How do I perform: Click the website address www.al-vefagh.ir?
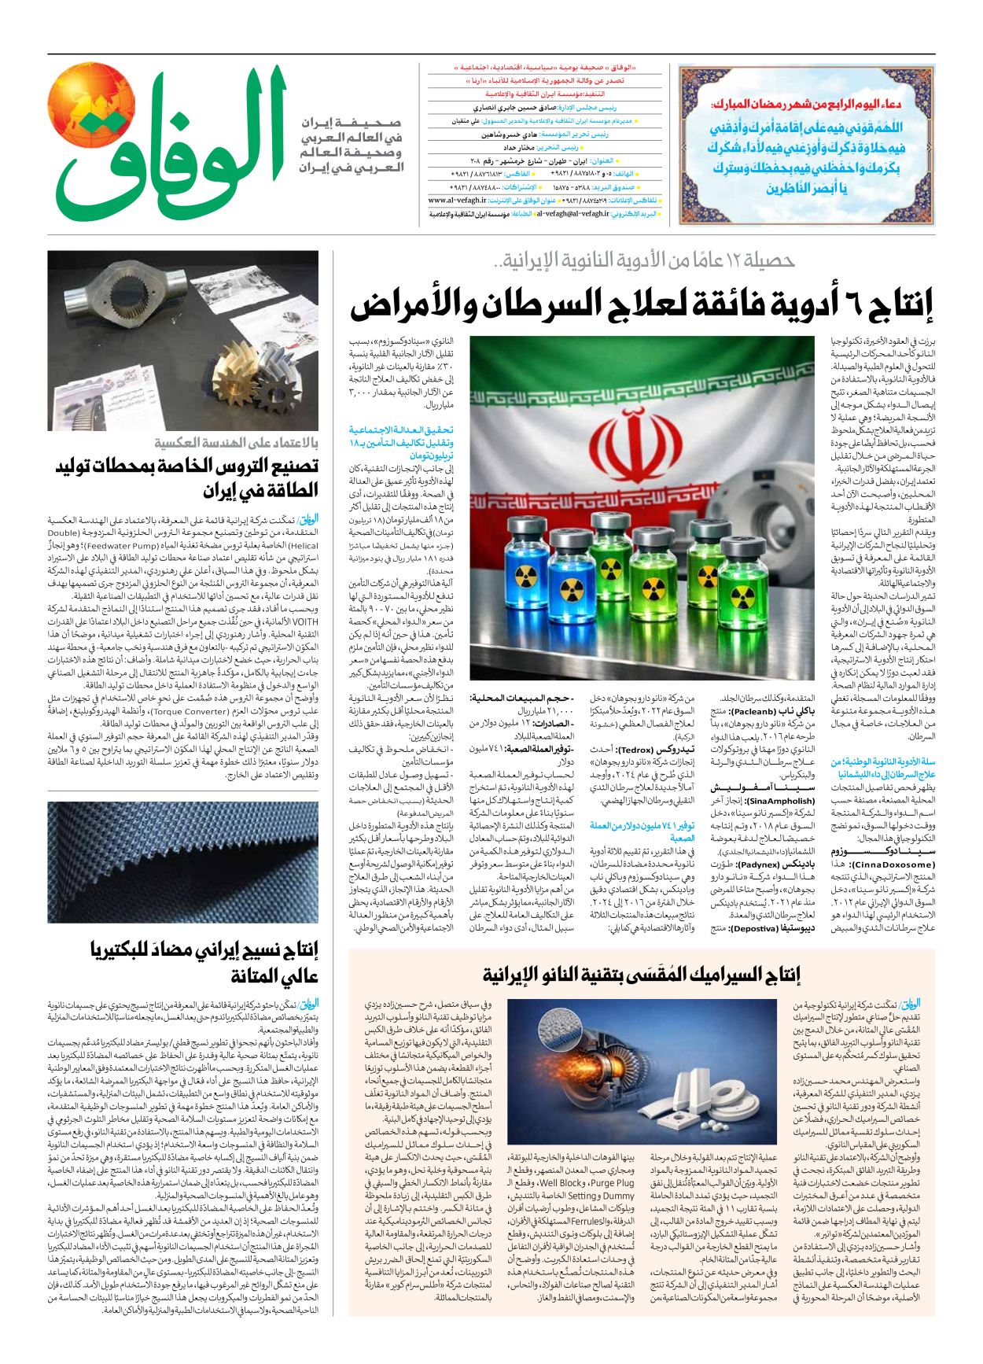pos(457,201)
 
